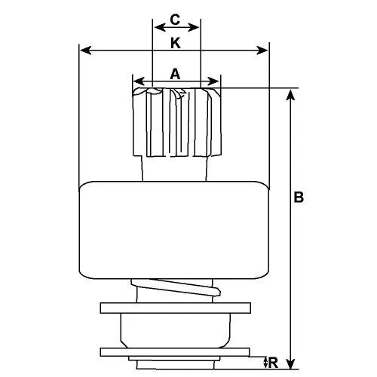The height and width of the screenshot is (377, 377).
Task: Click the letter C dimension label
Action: point(175,17)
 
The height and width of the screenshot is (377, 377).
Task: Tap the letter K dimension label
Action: point(175,44)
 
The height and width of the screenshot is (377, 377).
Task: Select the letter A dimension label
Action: point(175,73)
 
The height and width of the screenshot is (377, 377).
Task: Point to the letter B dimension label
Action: point(299,198)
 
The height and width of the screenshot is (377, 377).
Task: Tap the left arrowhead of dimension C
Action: point(157,26)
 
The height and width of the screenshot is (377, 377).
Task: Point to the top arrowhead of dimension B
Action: point(290,93)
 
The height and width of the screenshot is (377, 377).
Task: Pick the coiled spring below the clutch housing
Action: point(175,290)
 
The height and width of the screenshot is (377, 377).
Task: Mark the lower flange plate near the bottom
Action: point(175,351)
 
